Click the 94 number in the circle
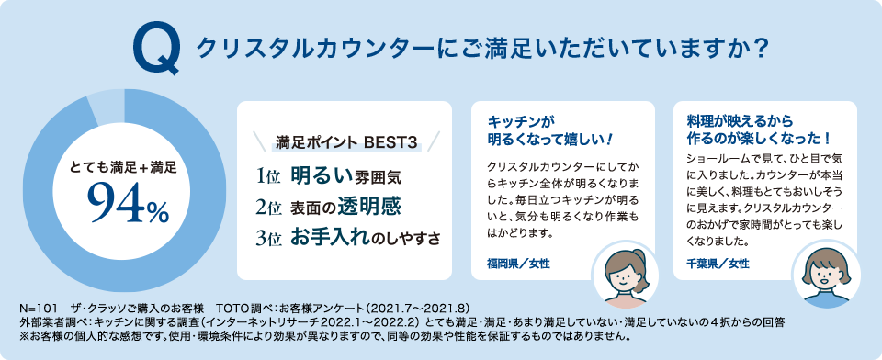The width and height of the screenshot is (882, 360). pyautogui.click(x=115, y=206)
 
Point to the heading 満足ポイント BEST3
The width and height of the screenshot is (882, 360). pyautogui.click(x=346, y=142)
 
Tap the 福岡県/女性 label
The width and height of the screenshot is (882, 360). pyautogui.click(x=518, y=264)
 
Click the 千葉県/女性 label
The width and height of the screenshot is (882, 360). pyautogui.click(x=719, y=264)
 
